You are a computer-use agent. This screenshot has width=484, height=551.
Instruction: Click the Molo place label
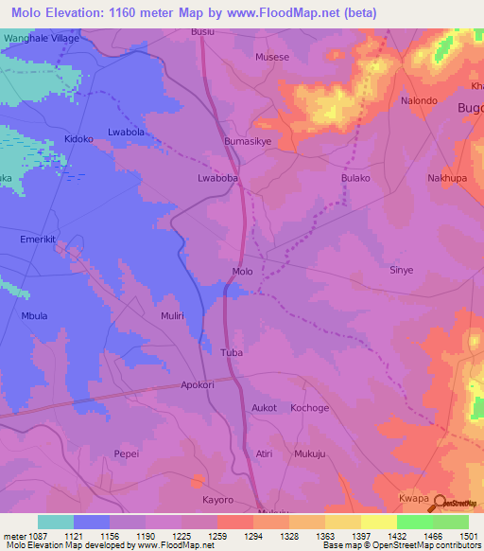(242, 272)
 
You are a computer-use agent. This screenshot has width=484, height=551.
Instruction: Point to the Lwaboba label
(216, 177)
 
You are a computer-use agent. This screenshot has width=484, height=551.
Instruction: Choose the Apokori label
(199, 386)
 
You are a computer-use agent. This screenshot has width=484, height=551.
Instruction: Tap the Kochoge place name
(309, 407)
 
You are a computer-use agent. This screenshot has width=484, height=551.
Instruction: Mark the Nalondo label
(419, 100)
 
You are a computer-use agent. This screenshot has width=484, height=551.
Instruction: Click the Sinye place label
(402, 270)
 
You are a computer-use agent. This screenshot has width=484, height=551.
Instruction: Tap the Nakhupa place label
(447, 177)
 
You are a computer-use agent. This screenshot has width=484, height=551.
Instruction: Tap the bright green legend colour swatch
(414, 522)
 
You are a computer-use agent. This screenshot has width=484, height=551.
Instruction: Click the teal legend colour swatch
(56, 522)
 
